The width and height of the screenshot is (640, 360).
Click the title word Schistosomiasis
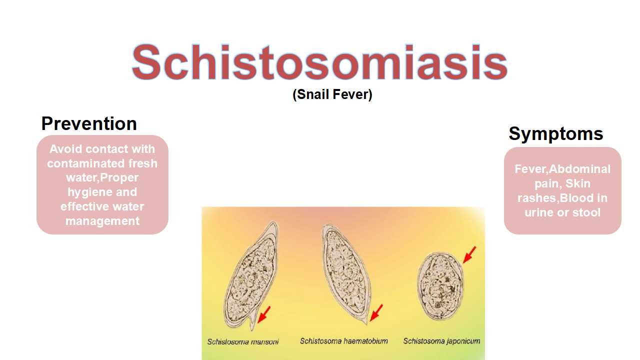pos(319,62)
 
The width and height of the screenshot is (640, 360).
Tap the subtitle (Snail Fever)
pos(332,94)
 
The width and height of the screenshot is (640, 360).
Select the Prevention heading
pos(89,123)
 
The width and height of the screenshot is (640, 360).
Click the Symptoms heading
pos(555,133)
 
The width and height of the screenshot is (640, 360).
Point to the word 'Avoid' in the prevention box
pos(65,149)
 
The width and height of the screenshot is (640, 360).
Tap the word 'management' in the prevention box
pos(102,221)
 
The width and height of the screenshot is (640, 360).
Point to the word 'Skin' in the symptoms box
pos(577,183)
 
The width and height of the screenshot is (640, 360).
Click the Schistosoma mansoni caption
pos(243,341)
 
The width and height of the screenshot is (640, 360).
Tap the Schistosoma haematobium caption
pos(343,341)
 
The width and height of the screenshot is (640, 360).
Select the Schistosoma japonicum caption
pos(441,341)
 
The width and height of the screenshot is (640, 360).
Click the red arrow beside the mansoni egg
pos(263,314)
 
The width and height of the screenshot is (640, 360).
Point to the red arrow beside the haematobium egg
pos(376,312)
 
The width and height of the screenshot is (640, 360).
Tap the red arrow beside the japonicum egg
pos(469,254)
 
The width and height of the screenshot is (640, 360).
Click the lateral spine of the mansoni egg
pos(251,323)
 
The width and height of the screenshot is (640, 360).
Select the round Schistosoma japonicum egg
pos(440,285)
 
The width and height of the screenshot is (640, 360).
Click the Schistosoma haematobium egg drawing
pos(346,273)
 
